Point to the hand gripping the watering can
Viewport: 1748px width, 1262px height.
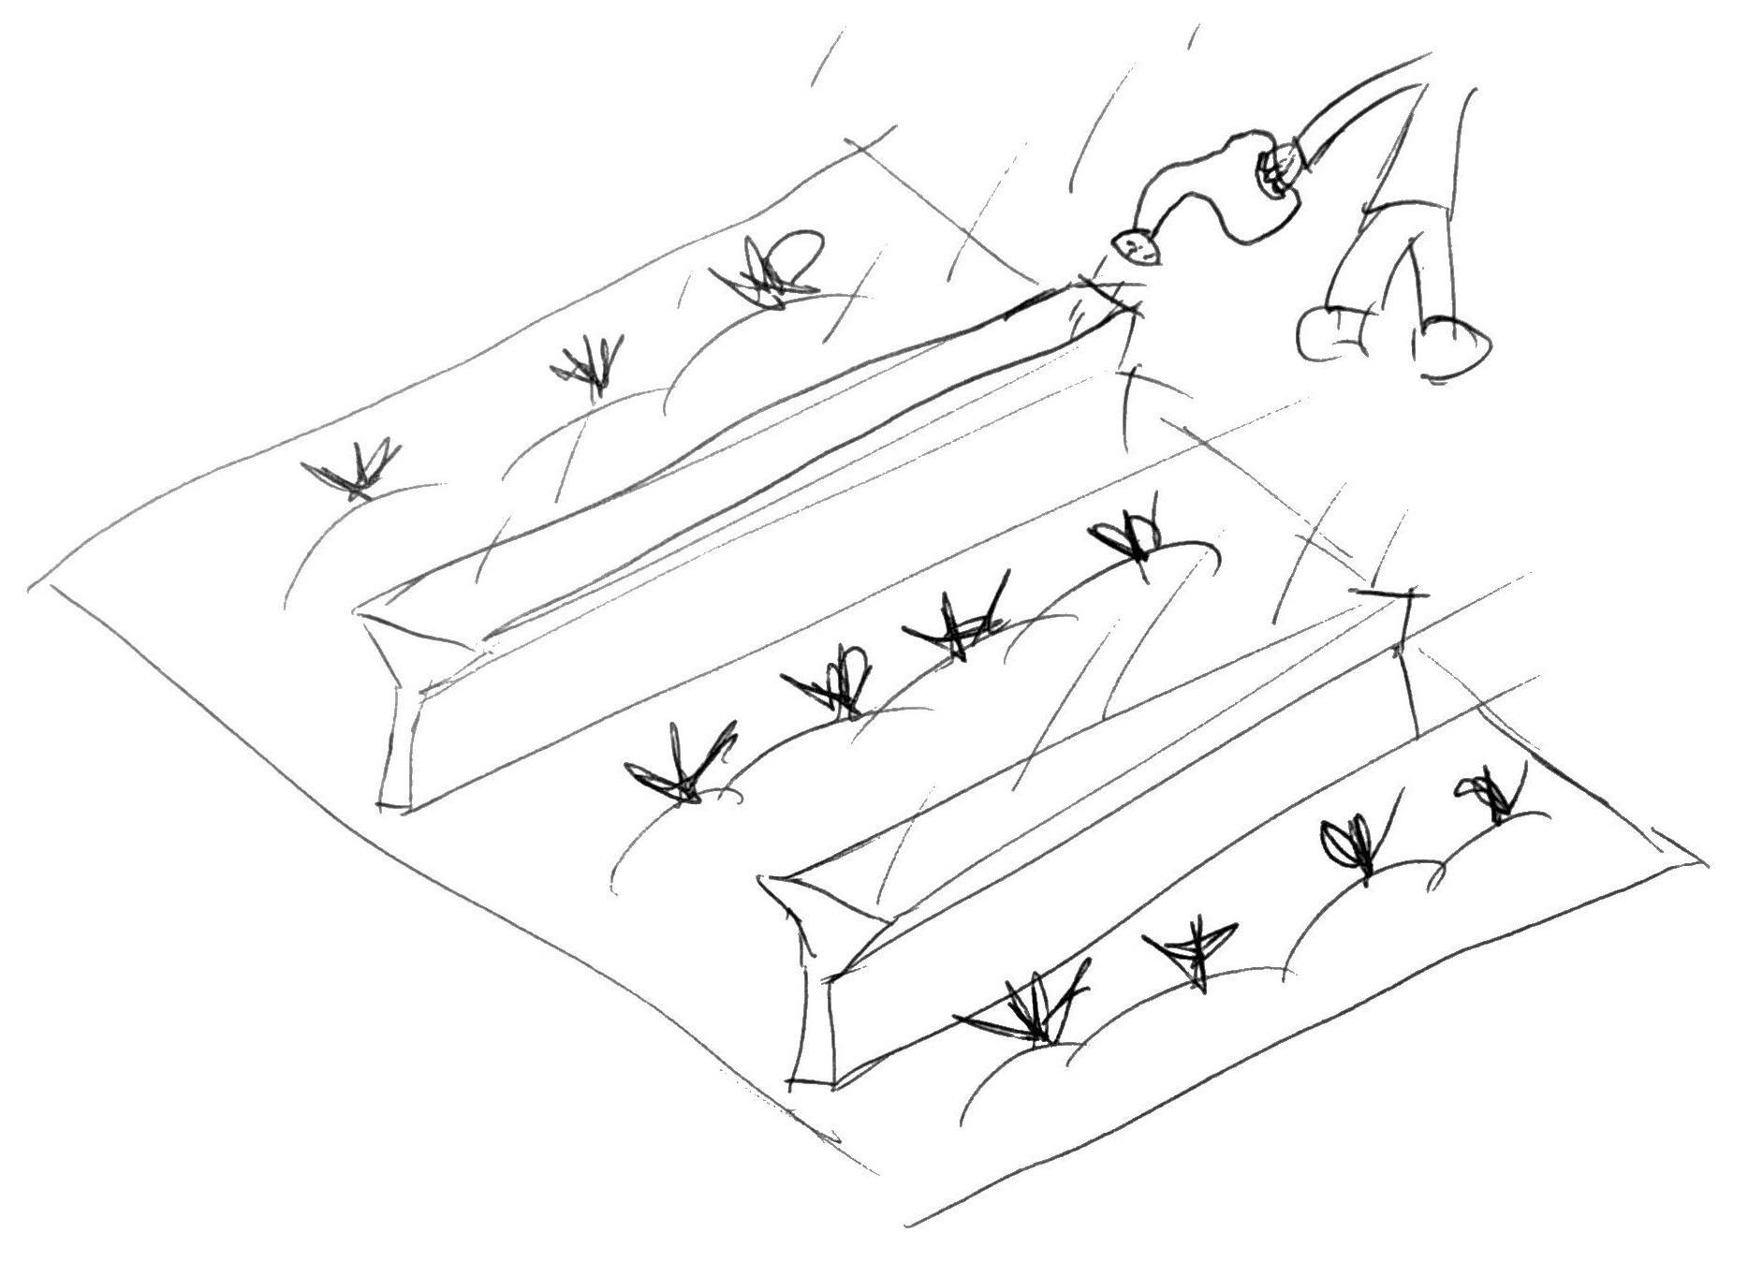pyautogui.click(x=1277, y=174)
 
